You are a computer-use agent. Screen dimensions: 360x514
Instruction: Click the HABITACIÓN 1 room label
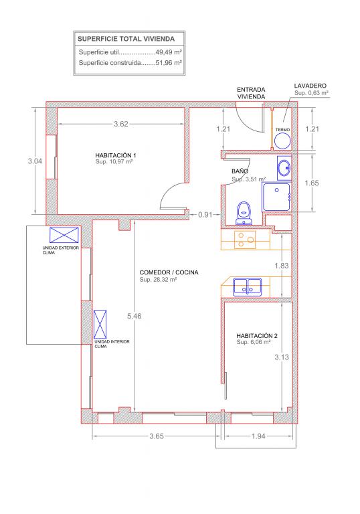(115, 155)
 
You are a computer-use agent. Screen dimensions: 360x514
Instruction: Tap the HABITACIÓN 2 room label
(257, 336)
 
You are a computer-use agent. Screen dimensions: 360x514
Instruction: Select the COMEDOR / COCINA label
(169, 272)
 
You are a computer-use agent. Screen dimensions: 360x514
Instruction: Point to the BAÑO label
(240, 171)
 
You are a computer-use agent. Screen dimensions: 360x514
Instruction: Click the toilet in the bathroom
(244, 213)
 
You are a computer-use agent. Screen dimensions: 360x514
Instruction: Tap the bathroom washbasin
(284, 168)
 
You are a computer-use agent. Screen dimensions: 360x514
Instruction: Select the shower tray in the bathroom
(276, 197)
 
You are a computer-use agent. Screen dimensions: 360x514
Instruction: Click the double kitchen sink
(248, 287)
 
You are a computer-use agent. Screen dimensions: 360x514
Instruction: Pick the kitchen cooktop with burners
(245, 240)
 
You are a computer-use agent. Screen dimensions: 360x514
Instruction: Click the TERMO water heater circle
(282, 141)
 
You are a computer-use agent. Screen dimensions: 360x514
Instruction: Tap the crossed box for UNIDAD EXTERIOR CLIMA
(64, 235)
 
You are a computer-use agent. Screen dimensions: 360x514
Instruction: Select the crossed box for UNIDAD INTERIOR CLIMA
(100, 324)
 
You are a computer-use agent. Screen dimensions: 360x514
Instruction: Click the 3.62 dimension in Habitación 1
(120, 124)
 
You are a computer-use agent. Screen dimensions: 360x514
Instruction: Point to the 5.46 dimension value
(134, 316)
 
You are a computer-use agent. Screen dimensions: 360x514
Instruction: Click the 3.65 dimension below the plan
(157, 436)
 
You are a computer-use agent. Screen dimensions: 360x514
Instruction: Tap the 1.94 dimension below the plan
(258, 436)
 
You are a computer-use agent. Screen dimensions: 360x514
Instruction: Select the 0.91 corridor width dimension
(205, 215)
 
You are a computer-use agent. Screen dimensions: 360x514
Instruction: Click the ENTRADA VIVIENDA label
(251, 93)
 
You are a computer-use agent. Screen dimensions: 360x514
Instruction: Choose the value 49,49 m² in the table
(169, 52)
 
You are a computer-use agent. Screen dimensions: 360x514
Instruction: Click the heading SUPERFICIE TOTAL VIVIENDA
(126, 39)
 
